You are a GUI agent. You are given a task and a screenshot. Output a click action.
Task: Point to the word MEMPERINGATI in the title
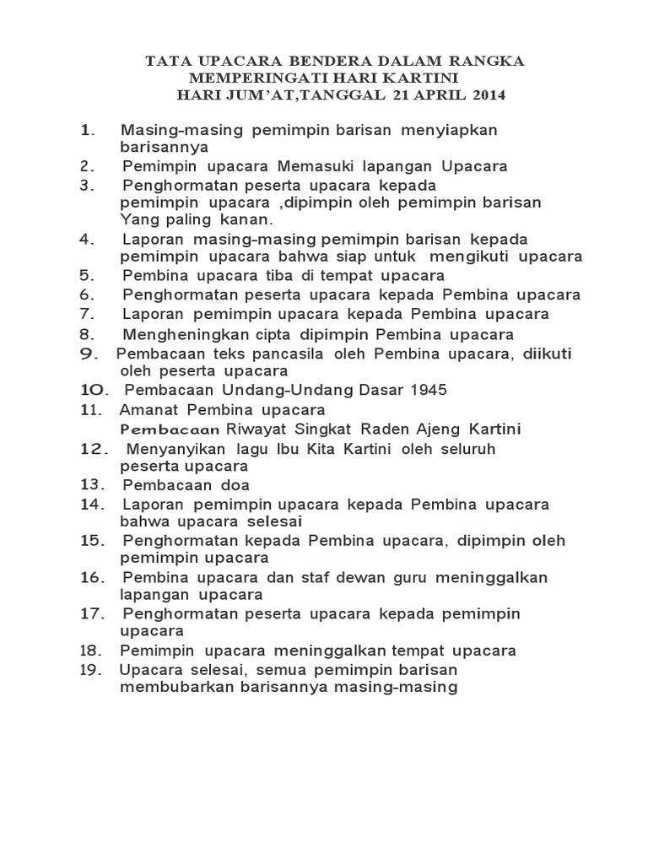point(237,78)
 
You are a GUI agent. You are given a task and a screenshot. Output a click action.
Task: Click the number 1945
point(429,390)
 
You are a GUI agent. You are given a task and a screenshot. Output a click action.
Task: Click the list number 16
point(91,577)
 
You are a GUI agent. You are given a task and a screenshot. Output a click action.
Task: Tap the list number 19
point(90,670)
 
